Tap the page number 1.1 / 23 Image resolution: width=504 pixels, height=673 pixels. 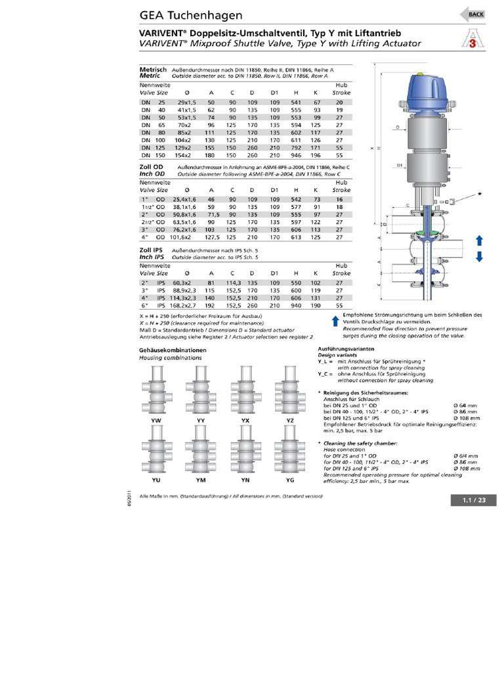coord(474,501)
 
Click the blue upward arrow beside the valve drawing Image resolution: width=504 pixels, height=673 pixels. coord(479,240)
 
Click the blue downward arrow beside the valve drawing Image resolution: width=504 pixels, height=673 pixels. coord(479,256)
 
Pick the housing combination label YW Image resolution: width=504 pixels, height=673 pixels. coord(156,419)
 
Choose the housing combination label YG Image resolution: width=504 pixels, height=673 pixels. coord(289,479)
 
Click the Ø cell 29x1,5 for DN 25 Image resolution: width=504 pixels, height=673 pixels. coord(186,103)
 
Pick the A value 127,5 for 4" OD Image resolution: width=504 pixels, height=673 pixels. coord(211,238)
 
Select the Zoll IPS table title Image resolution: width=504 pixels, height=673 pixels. coord(151,252)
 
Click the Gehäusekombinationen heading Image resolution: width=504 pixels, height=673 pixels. coord(173,350)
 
